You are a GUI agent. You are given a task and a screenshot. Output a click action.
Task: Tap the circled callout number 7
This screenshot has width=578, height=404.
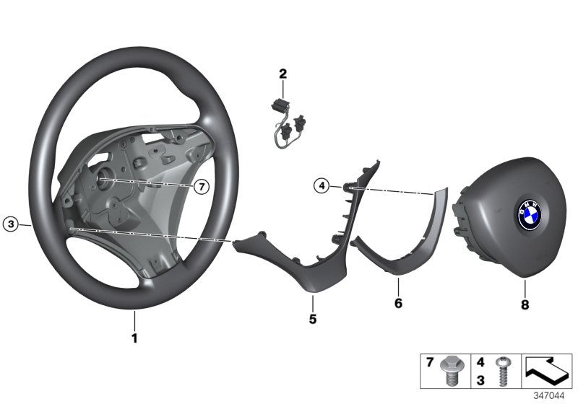tap(202, 186)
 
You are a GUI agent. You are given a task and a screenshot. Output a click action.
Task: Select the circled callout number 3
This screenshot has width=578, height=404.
tap(10, 224)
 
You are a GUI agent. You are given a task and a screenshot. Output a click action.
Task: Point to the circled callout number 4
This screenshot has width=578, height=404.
tap(320, 186)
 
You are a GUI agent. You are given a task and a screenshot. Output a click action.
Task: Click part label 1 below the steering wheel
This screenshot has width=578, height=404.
tap(134, 337)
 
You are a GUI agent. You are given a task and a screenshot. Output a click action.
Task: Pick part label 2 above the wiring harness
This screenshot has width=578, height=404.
tap(283, 73)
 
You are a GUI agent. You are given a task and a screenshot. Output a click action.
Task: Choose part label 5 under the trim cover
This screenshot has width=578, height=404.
tap(314, 318)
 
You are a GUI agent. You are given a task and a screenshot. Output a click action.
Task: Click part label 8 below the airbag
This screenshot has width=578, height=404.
tap(525, 304)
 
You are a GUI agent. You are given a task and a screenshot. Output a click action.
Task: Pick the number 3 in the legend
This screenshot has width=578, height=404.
tap(480, 378)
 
